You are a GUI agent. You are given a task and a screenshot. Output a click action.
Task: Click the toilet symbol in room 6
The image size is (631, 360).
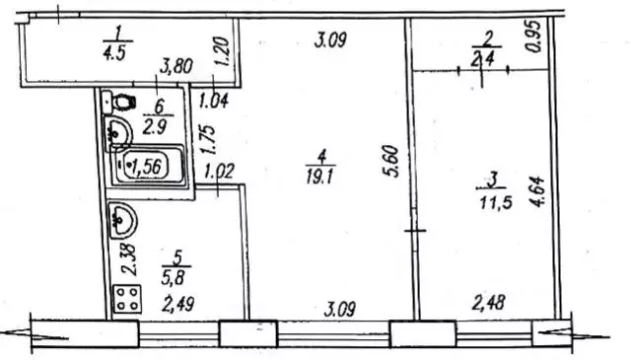pyautogui.click(x=119, y=103)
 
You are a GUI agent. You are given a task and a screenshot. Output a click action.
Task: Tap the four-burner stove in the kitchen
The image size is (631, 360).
pyautogui.click(x=127, y=299)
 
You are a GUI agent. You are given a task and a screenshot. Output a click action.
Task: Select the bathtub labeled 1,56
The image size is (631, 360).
pyautogui.click(x=148, y=165)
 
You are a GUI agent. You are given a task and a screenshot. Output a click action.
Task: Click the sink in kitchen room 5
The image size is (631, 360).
pyautogui.click(x=122, y=221)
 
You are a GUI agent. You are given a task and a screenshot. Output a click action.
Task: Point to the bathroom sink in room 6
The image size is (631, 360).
pyautogui.click(x=118, y=132)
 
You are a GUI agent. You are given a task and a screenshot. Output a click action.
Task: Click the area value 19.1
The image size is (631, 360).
pyautogui.click(x=319, y=177)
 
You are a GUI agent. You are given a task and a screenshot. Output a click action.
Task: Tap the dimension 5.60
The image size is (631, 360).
pyautogui.click(x=391, y=161)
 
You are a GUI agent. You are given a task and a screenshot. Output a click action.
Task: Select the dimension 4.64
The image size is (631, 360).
pyautogui.click(x=537, y=191)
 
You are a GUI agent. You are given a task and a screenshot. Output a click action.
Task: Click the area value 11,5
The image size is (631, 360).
pyautogui.click(x=496, y=202)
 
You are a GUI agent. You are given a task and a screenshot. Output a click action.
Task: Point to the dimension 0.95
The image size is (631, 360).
pyautogui.click(x=534, y=36)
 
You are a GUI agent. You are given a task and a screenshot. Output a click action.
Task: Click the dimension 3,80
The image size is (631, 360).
pyautogui.click(x=176, y=66)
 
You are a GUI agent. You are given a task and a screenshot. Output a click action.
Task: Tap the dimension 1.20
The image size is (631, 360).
pyautogui.click(x=222, y=51)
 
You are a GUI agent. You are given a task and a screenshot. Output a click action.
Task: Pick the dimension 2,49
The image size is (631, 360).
pyautogui.click(x=177, y=304)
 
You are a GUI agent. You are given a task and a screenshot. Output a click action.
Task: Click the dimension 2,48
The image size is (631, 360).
pyautogui.click(x=489, y=303)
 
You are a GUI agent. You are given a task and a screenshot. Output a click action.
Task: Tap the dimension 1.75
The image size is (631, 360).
pyautogui.click(x=208, y=140)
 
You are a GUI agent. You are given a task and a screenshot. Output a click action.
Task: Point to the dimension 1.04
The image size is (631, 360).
pyautogui.click(x=214, y=101)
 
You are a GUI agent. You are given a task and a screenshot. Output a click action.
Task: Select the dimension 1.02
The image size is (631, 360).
pyautogui.click(x=219, y=171)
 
